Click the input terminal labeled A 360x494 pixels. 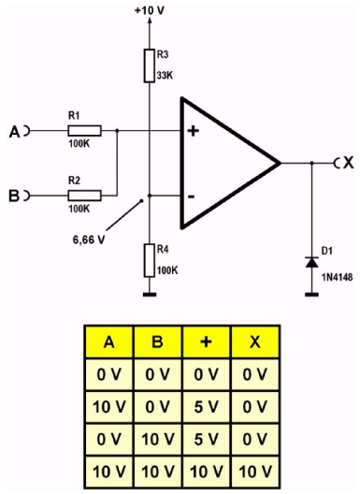coord(17,132)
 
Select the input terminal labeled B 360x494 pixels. coord(17,195)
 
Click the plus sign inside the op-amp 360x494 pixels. coord(194,131)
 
